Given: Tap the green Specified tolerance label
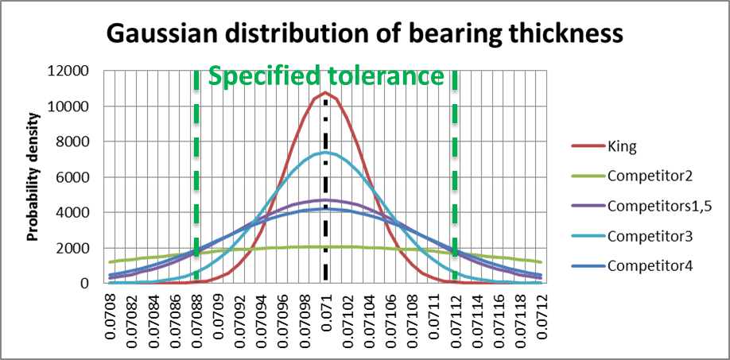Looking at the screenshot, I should point(325,76).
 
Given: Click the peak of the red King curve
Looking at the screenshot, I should point(325,93).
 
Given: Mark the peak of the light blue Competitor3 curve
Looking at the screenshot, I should point(325,152).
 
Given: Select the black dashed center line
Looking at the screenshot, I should point(325,207).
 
